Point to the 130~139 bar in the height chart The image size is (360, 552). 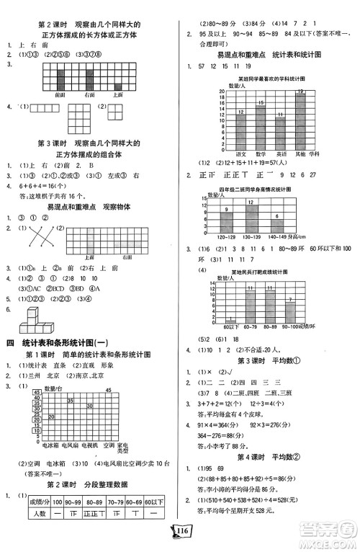(x=253, y=216)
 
